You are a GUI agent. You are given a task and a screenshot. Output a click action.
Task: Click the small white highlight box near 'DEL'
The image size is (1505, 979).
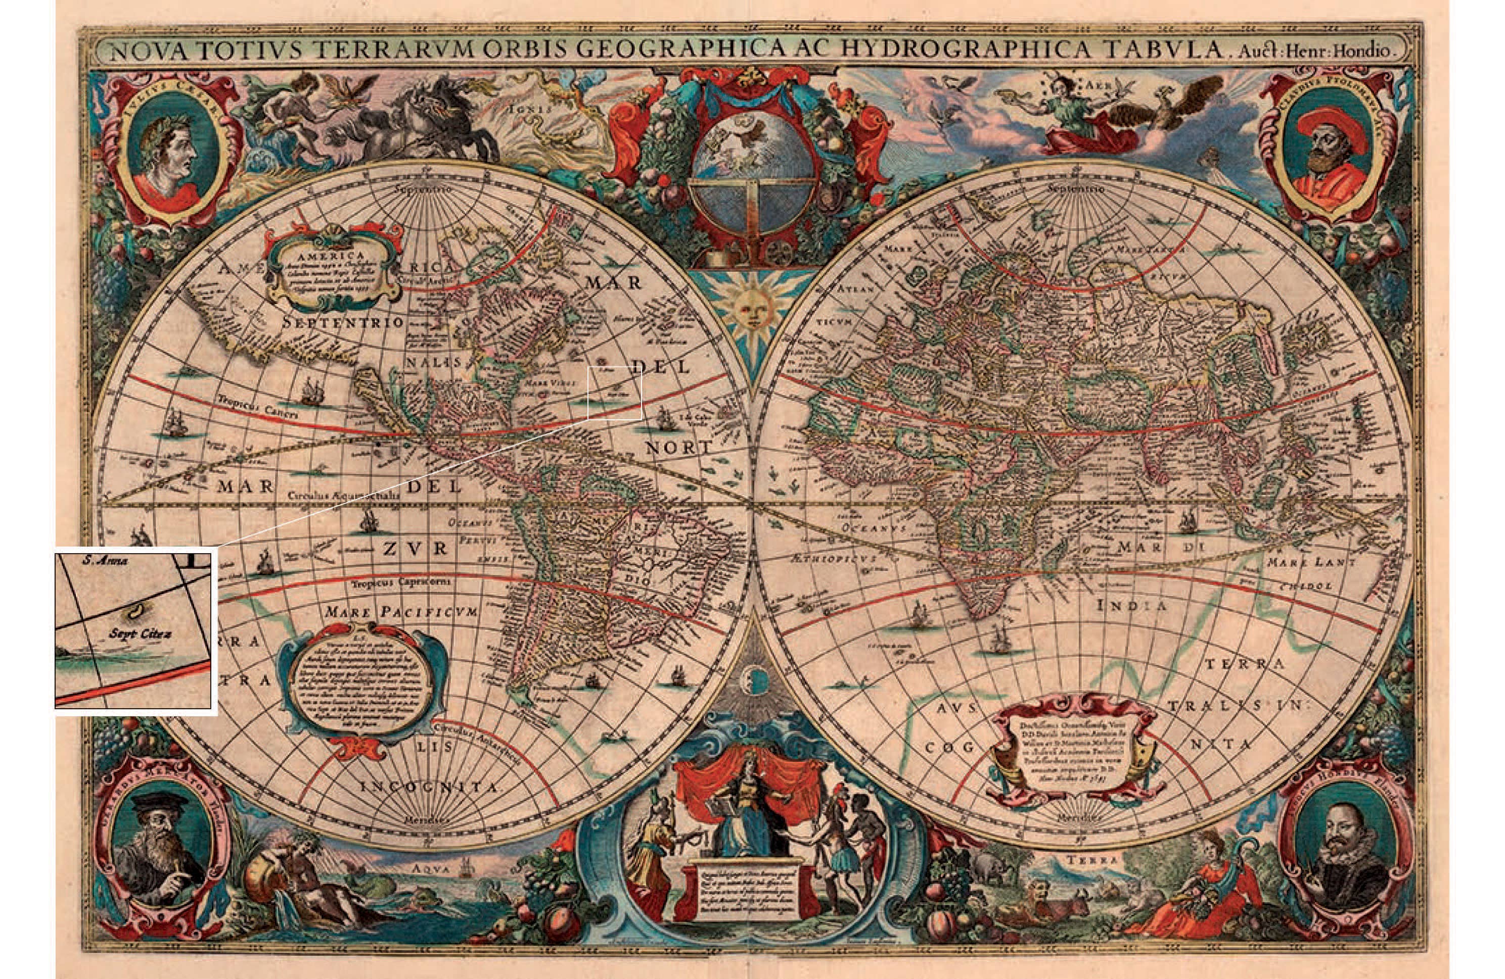(615, 393)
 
